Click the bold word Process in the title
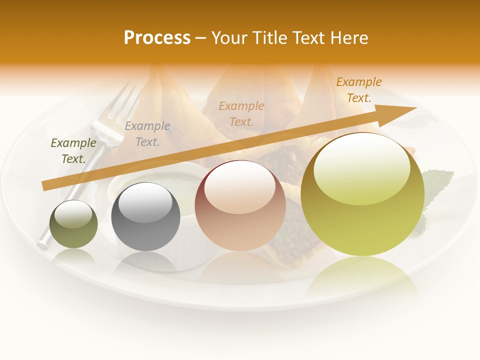pos(157,37)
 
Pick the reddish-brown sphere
pos(240,205)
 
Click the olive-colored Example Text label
pos(73,151)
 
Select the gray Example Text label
pos(147,134)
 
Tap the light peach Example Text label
pos(241,113)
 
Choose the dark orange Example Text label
pos(359,90)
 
